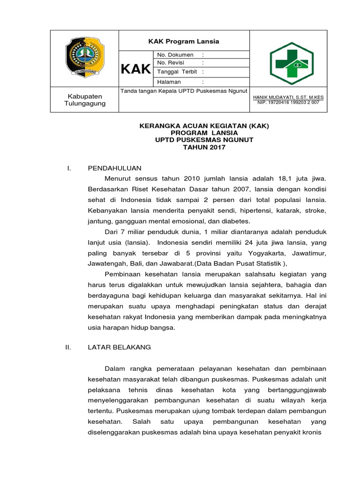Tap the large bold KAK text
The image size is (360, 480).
[135, 70]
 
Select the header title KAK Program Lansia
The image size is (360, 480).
[184, 41]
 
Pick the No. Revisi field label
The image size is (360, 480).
[171, 63]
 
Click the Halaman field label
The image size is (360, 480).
[169, 82]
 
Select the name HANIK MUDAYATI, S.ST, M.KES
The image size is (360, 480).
[288, 97]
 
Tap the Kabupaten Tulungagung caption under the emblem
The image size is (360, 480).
[85, 99]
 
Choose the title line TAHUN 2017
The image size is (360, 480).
[204, 147]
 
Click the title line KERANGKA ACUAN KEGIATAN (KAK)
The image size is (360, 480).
[204, 126]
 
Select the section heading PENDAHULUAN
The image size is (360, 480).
[114, 168]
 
